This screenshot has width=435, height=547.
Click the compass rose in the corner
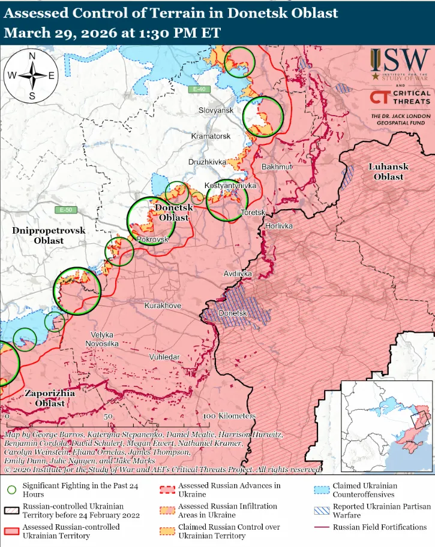point(32,75)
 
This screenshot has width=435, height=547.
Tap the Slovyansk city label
point(216,111)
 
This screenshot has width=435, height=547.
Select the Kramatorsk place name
point(211,137)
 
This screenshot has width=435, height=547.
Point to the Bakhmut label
point(277,166)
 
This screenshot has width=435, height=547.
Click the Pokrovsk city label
point(153,240)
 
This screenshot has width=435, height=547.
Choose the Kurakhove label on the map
point(163,306)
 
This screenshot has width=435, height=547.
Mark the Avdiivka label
point(238,274)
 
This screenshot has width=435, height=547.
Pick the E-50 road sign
point(66,210)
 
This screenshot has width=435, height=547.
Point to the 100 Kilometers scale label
point(230,416)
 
